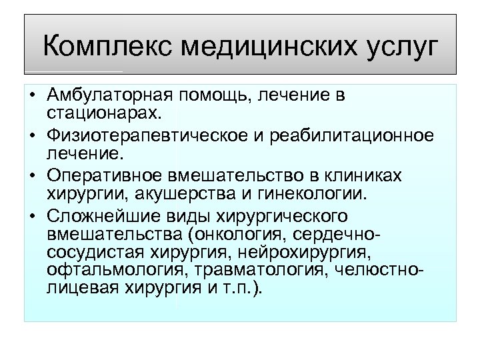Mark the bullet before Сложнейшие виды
point(32,217)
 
